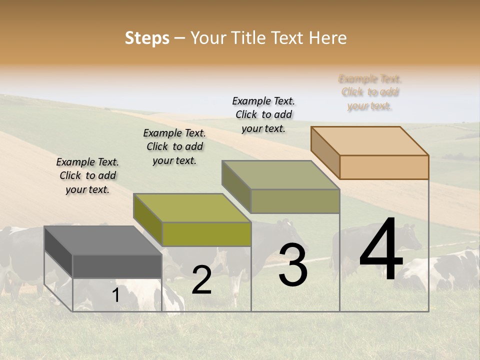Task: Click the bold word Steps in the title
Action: [x=147, y=38]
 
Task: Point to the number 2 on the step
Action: [x=201, y=280]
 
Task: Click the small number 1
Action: [x=116, y=295]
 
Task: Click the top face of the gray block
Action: [x=102, y=240]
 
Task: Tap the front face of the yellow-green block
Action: [x=206, y=234]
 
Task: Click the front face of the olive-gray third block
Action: [x=295, y=201]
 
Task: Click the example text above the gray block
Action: [x=87, y=176]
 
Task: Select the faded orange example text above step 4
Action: [x=370, y=92]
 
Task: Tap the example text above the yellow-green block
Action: [x=174, y=147]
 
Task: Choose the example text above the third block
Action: [x=263, y=114]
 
